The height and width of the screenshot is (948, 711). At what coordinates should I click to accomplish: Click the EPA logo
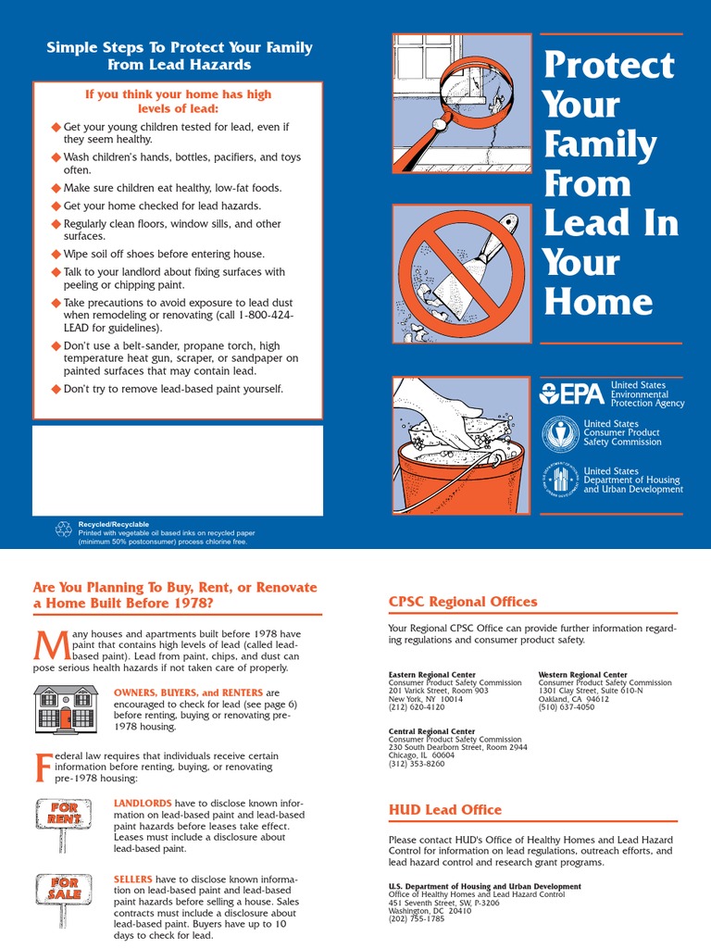pos(571,393)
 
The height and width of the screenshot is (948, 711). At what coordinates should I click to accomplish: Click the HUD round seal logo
pos(560,480)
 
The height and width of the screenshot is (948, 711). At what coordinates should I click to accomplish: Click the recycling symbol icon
pos(64,529)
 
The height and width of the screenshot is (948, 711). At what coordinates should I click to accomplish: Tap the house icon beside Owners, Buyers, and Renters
pos(67,709)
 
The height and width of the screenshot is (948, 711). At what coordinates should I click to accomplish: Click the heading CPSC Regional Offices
pos(462,602)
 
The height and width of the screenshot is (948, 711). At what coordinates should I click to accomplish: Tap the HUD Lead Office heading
pos(444,809)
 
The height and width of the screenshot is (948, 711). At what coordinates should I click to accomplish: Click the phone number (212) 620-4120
pos(417,706)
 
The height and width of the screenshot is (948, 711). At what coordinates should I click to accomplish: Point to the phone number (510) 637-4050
pos(567,706)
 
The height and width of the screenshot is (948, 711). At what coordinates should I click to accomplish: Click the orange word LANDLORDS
pos(143,803)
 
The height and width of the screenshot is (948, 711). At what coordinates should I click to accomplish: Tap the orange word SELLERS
pos(133,879)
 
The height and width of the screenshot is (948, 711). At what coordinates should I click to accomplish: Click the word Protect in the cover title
pos(609,65)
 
